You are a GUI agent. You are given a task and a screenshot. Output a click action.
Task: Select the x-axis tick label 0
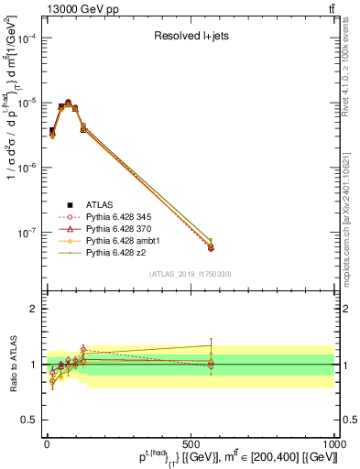[47, 444]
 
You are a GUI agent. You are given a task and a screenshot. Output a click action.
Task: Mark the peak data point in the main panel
[68, 103]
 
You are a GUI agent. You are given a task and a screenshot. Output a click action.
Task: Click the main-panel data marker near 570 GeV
[211, 246]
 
